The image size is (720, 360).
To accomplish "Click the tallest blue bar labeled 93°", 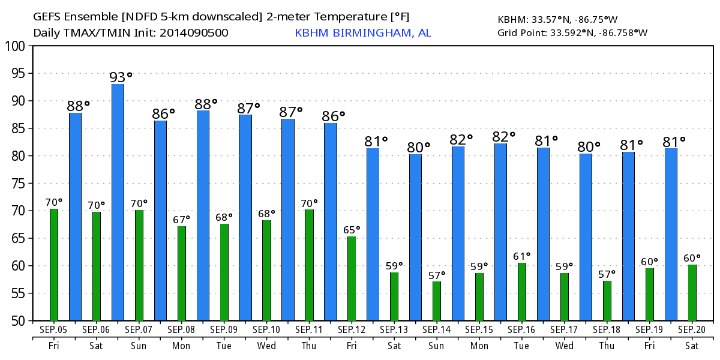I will point(118,202).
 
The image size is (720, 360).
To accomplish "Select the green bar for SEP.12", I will point(352,278).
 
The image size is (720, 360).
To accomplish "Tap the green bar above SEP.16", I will point(522,292).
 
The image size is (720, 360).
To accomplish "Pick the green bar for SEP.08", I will point(181,273).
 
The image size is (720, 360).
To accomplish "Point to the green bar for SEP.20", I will point(692,292).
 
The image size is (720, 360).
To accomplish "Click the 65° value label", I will point(352,229).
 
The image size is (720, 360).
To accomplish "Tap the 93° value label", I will point(120,77).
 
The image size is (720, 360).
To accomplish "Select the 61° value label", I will point(522,256).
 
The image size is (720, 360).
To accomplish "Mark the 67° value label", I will point(181,219).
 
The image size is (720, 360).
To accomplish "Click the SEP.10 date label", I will point(266,330).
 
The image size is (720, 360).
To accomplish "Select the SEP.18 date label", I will point(607,330).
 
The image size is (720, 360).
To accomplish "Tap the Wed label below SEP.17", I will point(565,346).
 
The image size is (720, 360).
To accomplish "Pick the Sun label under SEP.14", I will point(437,346).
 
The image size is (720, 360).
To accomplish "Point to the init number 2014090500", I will point(194,33).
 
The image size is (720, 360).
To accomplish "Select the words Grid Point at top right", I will point(521,33).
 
